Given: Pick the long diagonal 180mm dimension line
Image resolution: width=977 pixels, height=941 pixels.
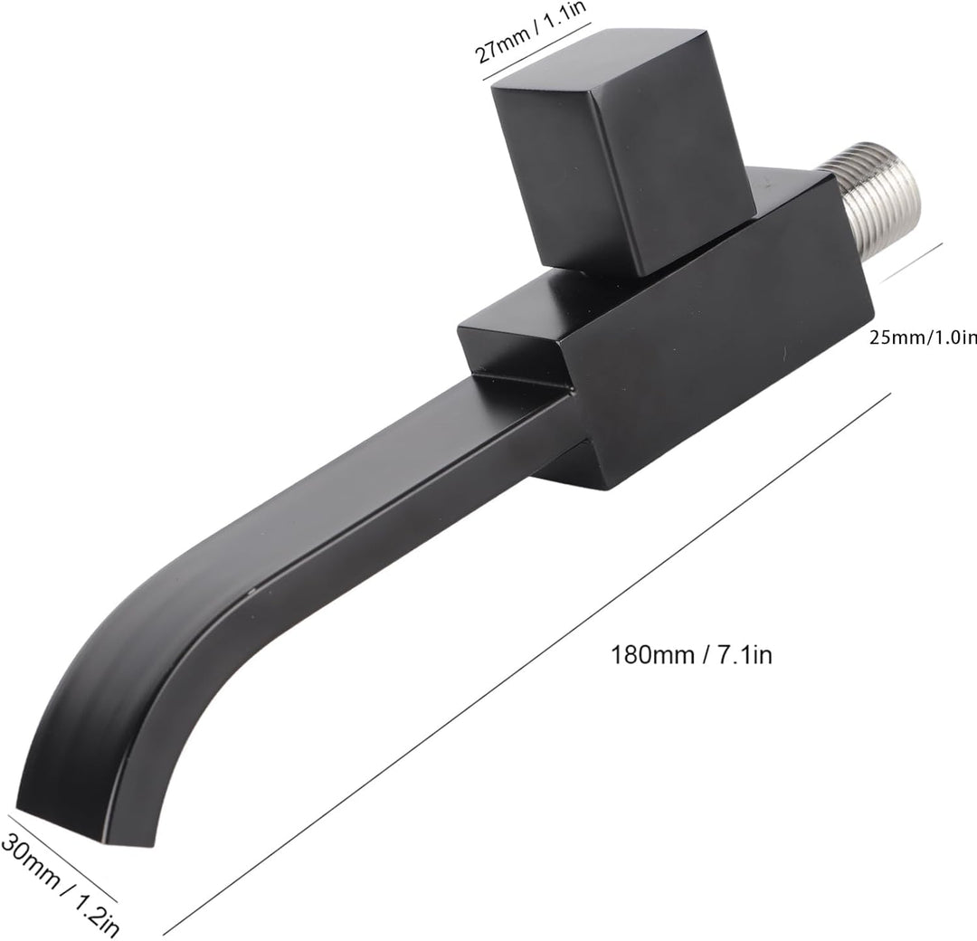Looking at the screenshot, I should click(525, 665).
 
